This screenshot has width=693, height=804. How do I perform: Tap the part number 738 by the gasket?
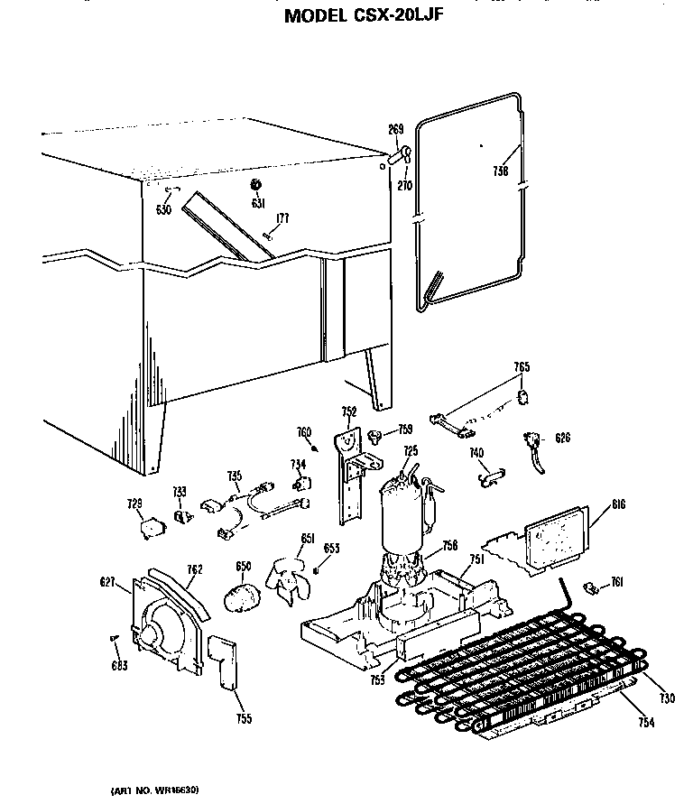click(x=501, y=171)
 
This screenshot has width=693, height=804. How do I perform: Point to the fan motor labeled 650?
click(x=241, y=596)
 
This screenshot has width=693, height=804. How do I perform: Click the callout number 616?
click(x=618, y=504)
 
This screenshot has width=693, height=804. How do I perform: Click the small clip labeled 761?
click(x=593, y=587)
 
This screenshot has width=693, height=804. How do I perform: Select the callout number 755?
click(x=245, y=718)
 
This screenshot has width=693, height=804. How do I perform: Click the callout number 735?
click(x=234, y=476)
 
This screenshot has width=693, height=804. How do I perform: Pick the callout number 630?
click(x=163, y=209)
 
